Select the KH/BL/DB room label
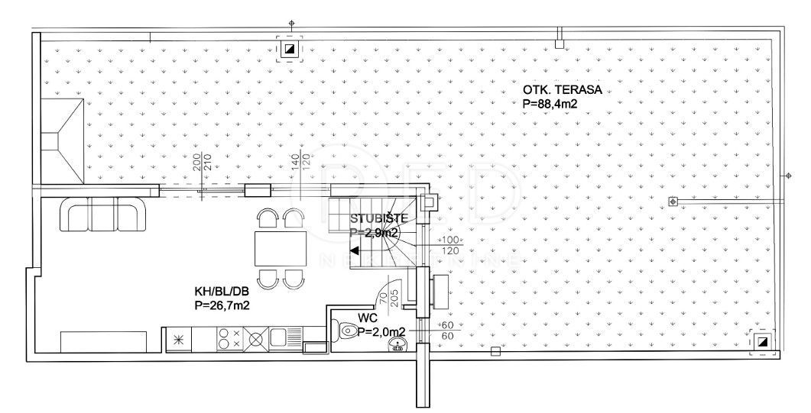[221, 291]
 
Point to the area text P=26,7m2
[224, 305]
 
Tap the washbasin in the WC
[396, 348]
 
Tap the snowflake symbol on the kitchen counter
[180, 339]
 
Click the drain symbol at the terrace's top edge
[289, 50]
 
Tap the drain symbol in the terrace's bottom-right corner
[762, 341]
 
